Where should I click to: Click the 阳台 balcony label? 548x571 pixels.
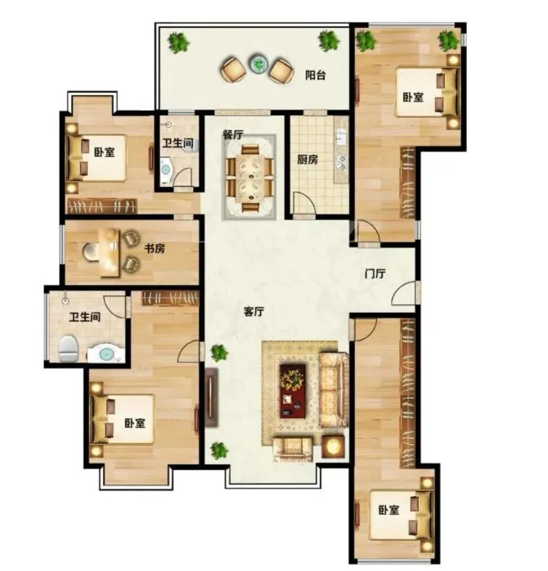coord(315,75)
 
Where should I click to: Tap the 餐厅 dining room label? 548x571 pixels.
coord(233,135)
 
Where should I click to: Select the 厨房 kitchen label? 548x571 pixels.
coord(307,159)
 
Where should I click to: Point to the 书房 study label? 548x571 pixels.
coord(154,249)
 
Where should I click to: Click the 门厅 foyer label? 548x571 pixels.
coord(375,273)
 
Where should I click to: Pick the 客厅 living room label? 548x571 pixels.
coord(254,311)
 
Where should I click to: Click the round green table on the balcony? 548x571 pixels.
coord(258,64)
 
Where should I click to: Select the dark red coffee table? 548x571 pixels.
coord(293,391)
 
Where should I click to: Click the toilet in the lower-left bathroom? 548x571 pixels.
coord(68,348)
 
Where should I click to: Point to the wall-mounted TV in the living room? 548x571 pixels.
coord(211,397)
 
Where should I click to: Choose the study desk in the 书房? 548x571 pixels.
coord(110,252)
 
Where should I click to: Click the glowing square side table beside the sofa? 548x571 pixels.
coord(333,446)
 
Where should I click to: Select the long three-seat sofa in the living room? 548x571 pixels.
coord(334,390)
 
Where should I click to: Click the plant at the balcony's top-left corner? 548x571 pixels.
coord(178,42)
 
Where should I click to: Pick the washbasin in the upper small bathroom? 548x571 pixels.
coord(166,169)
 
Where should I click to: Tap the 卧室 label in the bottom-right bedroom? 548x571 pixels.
coord(389,510)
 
